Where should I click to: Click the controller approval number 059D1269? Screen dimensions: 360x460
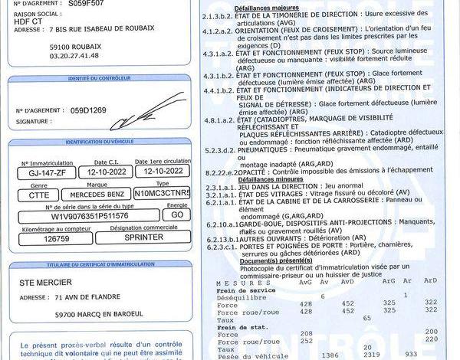click(89, 110)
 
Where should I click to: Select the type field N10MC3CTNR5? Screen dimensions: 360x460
click(162, 195)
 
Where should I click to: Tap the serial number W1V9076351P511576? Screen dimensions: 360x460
click(90, 216)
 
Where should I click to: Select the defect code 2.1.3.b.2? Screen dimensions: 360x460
click(218, 15)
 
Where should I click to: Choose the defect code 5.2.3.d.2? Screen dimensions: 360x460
click(218, 150)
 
